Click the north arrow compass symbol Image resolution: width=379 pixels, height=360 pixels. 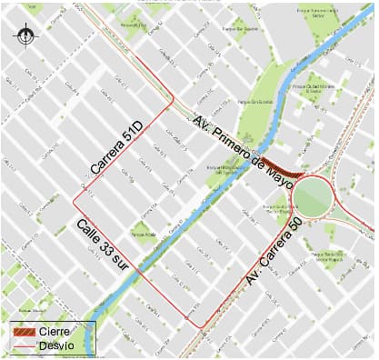[x=26, y=36]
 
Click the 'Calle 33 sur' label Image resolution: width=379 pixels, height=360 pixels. [x=102, y=245]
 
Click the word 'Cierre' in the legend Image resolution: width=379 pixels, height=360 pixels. [x=54, y=333]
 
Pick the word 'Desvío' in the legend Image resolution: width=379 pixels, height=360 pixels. [x=56, y=346]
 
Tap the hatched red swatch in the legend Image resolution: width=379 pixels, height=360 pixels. [x=24, y=333]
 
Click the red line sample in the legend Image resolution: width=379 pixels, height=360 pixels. [x=24, y=346]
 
